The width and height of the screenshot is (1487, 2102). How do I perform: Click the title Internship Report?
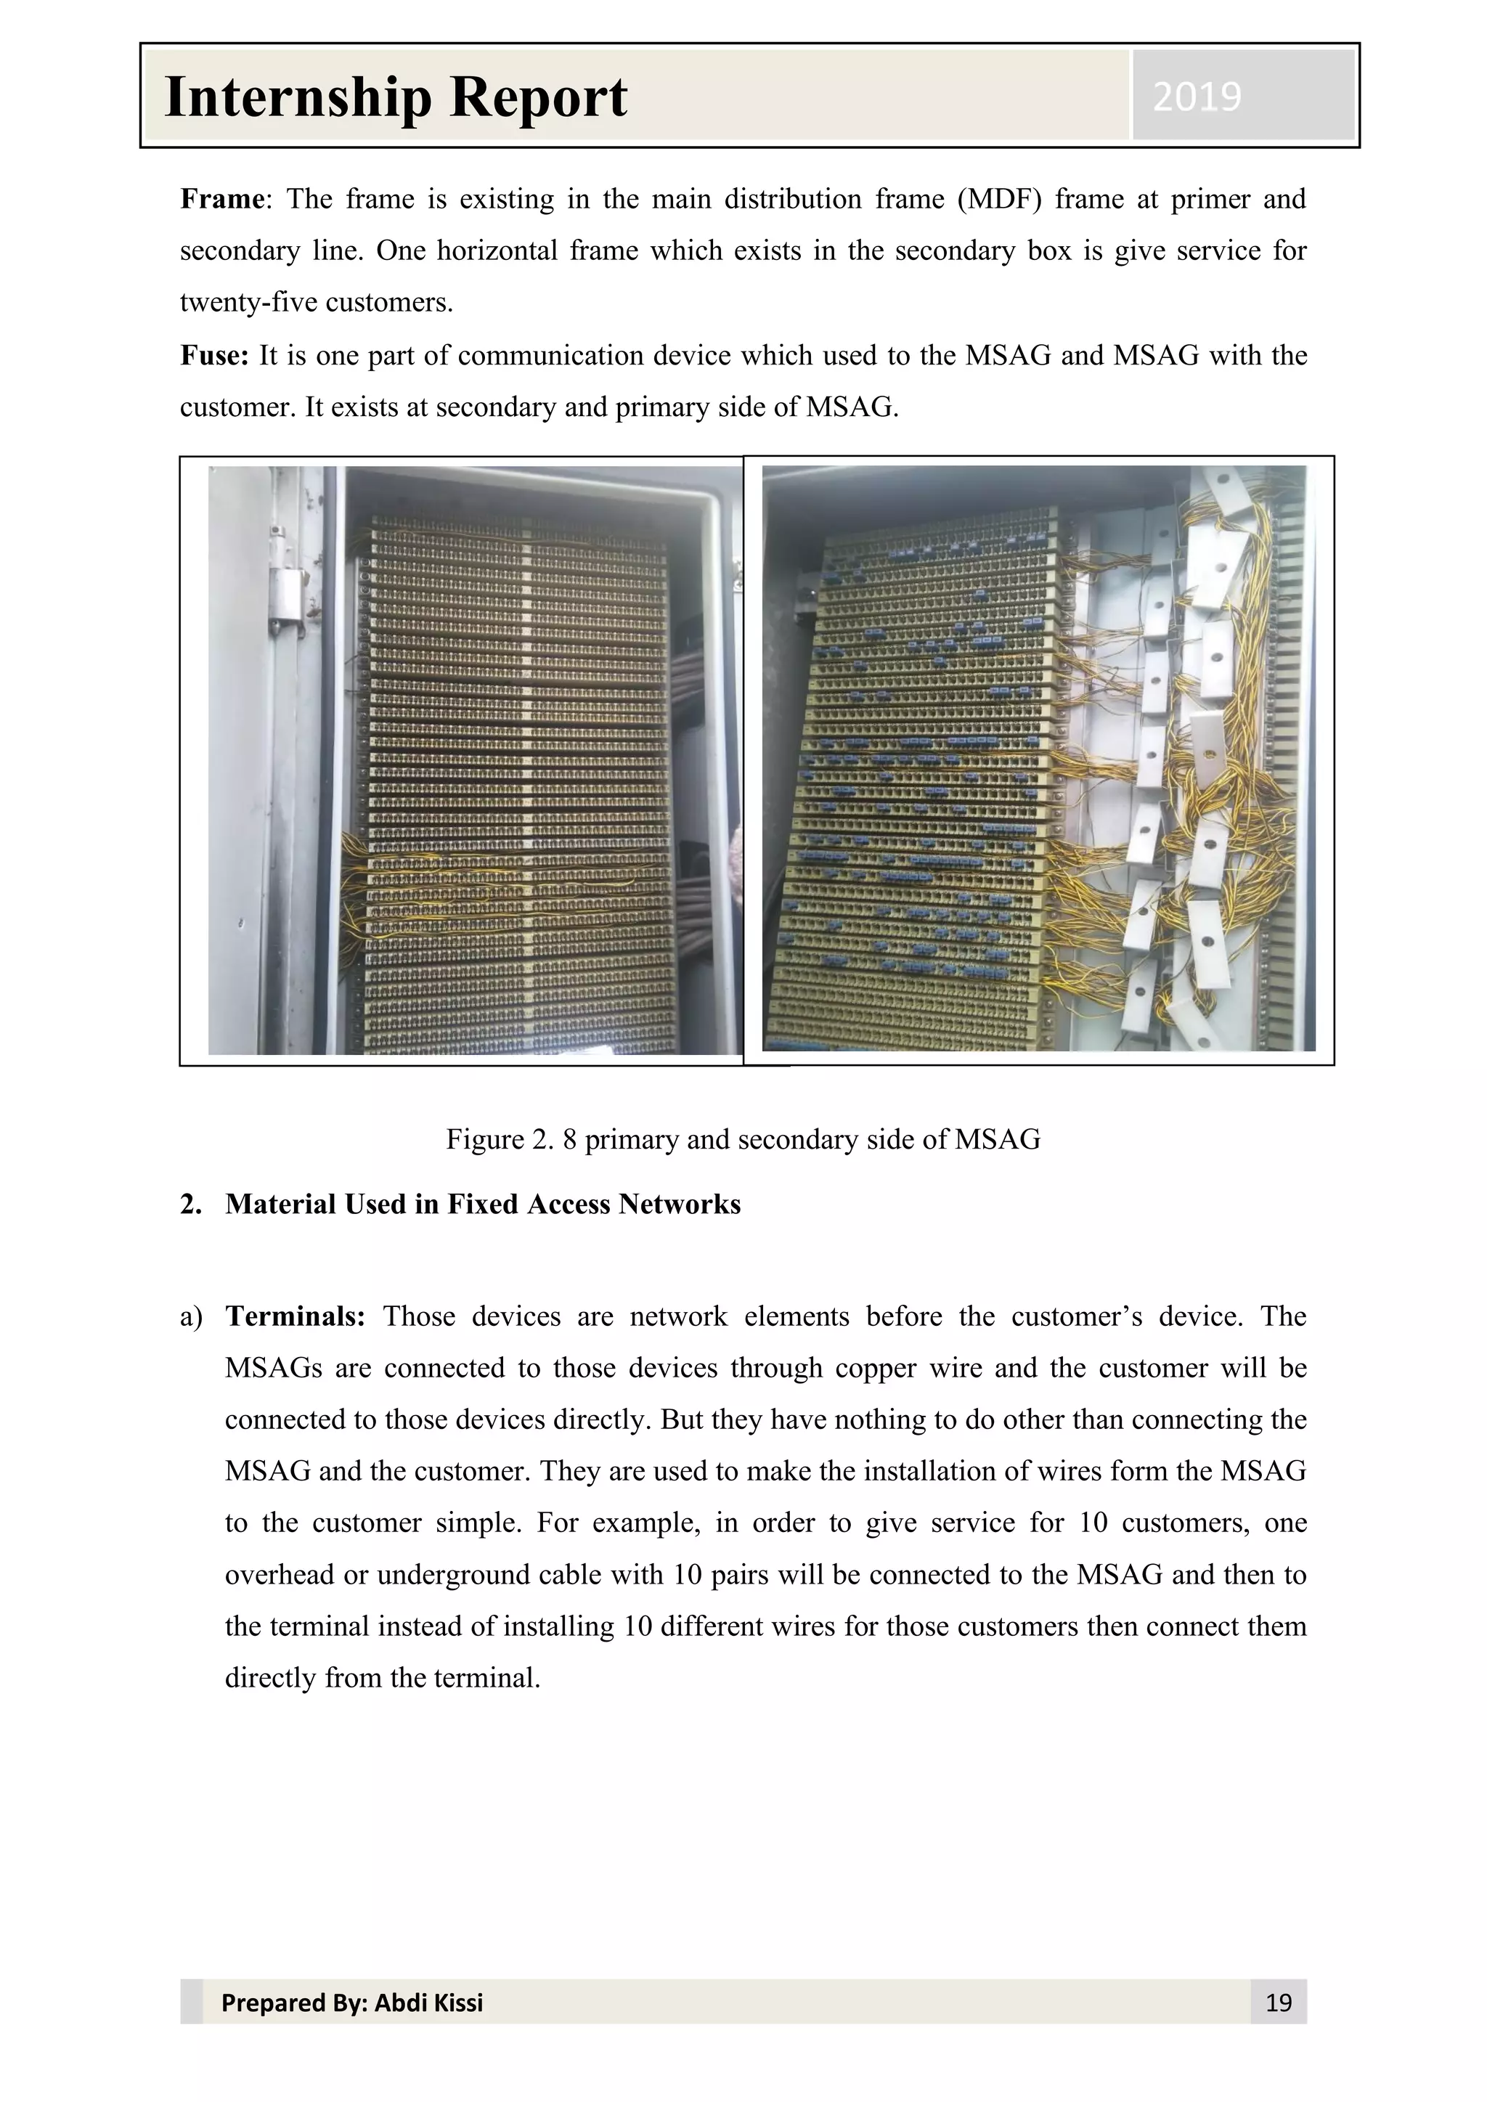click(x=396, y=97)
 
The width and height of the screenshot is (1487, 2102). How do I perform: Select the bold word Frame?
click(x=221, y=200)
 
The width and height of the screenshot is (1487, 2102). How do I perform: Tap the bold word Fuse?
click(x=214, y=355)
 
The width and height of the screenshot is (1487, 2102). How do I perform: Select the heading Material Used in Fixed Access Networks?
click(x=483, y=1204)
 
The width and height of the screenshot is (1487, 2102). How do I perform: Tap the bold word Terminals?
click(x=295, y=1316)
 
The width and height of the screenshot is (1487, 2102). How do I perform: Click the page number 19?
click(x=1277, y=2003)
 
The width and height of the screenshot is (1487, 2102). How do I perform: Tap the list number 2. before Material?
click(x=190, y=1204)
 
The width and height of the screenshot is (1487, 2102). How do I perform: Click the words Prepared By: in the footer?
click(x=293, y=2003)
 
